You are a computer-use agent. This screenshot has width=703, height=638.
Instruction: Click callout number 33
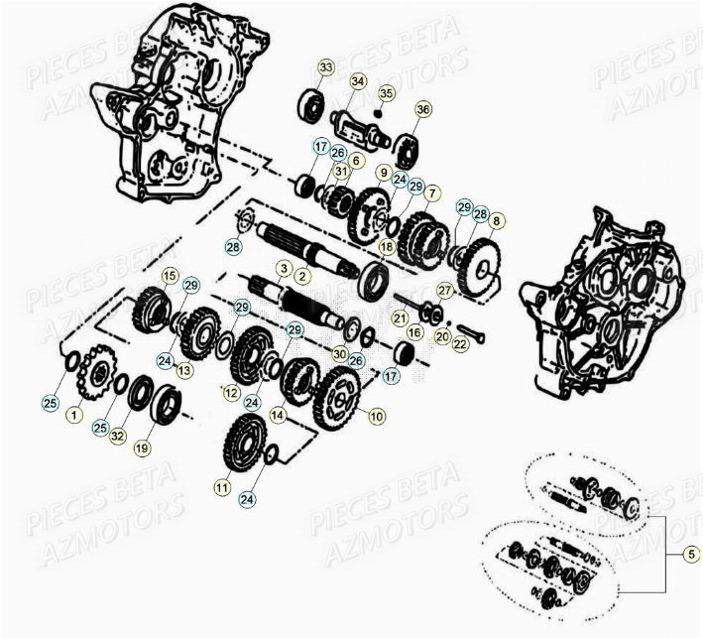pos(326,67)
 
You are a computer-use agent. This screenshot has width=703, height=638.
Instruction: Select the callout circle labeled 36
pos(423,109)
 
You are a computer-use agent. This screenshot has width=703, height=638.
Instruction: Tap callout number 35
pos(386,93)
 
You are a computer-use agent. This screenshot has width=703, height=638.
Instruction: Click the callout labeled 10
pos(377,417)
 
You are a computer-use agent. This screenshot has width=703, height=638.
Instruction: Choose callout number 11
pos(220,487)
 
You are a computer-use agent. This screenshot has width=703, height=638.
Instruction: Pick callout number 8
pos(496,220)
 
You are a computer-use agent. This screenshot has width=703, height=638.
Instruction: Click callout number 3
pos(283,269)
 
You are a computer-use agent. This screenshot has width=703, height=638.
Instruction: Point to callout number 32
pos(118,436)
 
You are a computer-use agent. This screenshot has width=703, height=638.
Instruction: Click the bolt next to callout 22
pos(472,332)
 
